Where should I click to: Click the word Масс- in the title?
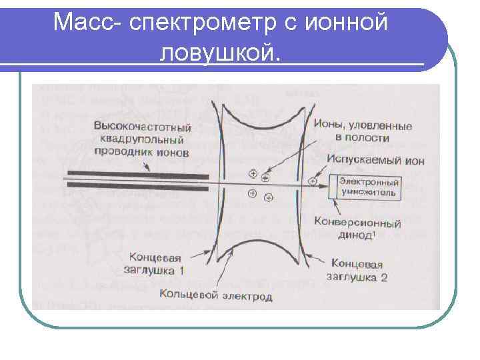(88, 24)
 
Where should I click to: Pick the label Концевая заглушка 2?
(357, 270)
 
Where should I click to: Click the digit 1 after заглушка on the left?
(181, 271)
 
